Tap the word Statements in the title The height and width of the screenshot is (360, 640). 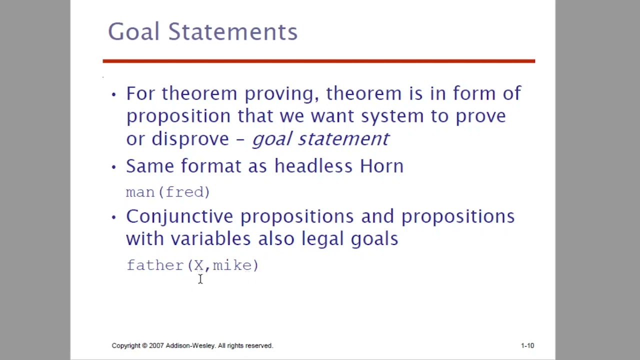click(x=232, y=31)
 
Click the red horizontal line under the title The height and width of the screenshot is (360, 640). click(x=318, y=61)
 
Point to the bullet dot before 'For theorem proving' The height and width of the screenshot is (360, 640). click(x=114, y=94)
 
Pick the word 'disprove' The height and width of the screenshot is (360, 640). click(x=190, y=139)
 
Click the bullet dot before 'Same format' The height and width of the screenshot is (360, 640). click(x=114, y=167)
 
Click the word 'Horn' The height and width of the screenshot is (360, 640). click(x=381, y=166)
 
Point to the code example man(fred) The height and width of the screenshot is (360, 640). click(x=168, y=192)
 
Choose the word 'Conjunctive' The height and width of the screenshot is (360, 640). click(x=179, y=217)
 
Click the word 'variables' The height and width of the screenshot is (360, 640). click(x=210, y=238)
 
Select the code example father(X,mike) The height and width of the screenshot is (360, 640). click(x=192, y=265)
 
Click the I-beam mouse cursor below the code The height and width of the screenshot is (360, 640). click(x=200, y=279)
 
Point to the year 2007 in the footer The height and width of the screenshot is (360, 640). click(x=156, y=345)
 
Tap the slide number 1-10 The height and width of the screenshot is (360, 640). click(x=527, y=345)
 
